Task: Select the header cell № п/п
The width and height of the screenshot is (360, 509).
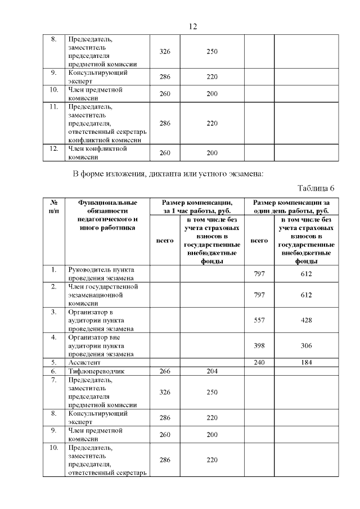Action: [x=55, y=206]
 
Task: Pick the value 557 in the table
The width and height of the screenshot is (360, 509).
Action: [x=259, y=320]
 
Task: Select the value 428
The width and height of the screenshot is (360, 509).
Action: [x=306, y=320]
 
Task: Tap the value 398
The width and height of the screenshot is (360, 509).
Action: [x=259, y=345]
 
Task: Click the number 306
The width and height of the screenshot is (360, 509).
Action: [x=306, y=345]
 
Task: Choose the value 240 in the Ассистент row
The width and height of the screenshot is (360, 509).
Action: [x=259, y=362]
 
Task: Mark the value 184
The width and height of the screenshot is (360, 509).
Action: [x=306, y=362]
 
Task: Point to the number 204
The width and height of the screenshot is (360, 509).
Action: [x=211, y=371]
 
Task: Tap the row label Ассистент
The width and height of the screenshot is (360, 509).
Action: [x=85, y=363]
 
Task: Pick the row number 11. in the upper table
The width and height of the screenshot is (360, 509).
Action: [x=55, y=107]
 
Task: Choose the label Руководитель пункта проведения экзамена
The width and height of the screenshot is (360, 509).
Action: [x=101, y=274]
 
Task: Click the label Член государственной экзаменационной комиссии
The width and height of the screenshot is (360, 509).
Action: [x=103, y=295]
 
